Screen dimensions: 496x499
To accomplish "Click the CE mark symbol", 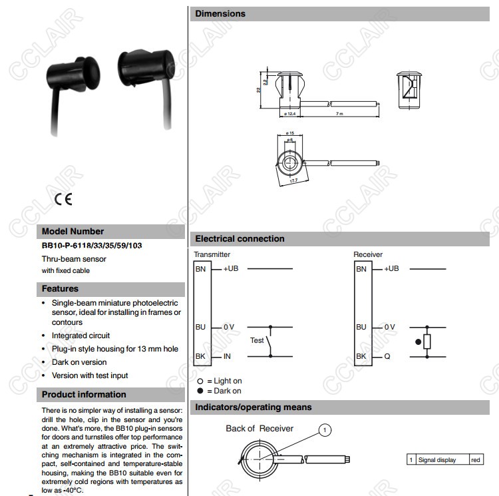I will pos(63,198).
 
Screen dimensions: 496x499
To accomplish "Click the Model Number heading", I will pos(73,232).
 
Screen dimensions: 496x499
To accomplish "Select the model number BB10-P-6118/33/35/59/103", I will pos(92,246).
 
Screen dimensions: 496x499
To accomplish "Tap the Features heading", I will pos(61,289).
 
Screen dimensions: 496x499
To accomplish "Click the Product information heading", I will pos(84,394).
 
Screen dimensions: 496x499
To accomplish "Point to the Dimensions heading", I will pos(220,13).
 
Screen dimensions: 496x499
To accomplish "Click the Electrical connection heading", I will pos(240,238).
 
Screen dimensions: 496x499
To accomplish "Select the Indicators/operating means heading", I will pos(253,407).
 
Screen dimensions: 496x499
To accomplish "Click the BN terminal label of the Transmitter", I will pos(201,269).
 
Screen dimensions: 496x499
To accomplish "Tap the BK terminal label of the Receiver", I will pos(361,356).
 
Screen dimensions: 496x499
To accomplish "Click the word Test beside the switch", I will pos(257,340).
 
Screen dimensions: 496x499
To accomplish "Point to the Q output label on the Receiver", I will pos(387,356).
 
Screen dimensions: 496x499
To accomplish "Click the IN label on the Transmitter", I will pos(227,356).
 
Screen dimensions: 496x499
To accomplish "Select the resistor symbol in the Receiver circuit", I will pos(427,342).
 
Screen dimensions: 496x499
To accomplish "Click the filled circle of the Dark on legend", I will pos(200,391).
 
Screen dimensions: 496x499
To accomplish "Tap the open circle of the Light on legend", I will pos(200,381).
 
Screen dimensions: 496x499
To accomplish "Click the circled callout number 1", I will pos(325,430).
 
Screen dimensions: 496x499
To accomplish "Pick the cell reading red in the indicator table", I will pos(476,459).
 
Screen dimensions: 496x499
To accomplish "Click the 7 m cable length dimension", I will pos(339,114).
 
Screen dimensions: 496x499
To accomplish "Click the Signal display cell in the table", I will pos(437,459).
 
